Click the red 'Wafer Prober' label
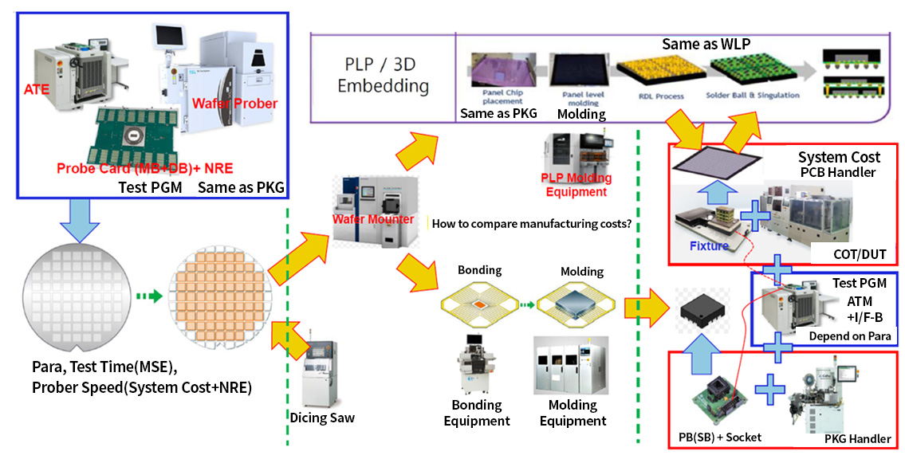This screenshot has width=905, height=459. tap(234, 104)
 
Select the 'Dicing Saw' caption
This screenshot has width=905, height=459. tap(321, 418)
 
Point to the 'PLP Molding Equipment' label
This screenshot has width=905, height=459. tap(576, 186)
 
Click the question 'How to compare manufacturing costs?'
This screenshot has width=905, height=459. tap(532, 224)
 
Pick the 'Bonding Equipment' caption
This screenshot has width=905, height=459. tap(477, 414)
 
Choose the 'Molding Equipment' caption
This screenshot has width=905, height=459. tap(573, 414)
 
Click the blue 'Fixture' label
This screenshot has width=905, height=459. tap(709, 245)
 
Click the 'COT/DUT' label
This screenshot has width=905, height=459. tap(860, 254)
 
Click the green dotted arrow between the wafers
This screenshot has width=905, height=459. tap(147, 296)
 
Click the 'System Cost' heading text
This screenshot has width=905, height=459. tap(839, 157)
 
